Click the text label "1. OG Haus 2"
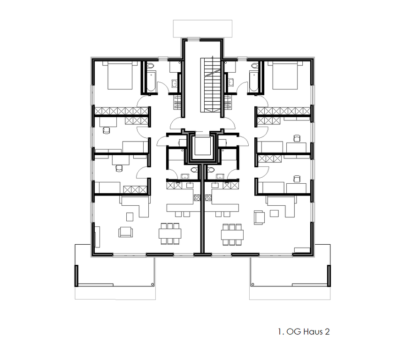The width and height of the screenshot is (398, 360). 304,331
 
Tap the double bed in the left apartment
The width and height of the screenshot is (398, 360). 120,75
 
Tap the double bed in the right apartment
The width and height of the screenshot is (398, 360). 285,75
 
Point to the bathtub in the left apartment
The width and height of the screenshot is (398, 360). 151,81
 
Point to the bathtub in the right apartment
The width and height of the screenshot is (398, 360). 254,81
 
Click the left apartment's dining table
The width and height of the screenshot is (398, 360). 170,233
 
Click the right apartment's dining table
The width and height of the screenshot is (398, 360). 232,234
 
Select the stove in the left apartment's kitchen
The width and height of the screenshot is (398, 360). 197,197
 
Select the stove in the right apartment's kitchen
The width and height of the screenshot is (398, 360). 208,197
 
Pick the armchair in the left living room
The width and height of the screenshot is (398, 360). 125,232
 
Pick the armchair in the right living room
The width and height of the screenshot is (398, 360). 259,217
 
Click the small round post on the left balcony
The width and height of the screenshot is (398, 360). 152,284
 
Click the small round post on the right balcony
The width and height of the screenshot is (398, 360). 253,284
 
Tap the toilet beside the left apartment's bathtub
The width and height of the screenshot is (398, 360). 151,66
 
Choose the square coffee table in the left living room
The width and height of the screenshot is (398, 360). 130,217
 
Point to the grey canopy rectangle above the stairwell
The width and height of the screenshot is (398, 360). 203,29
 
